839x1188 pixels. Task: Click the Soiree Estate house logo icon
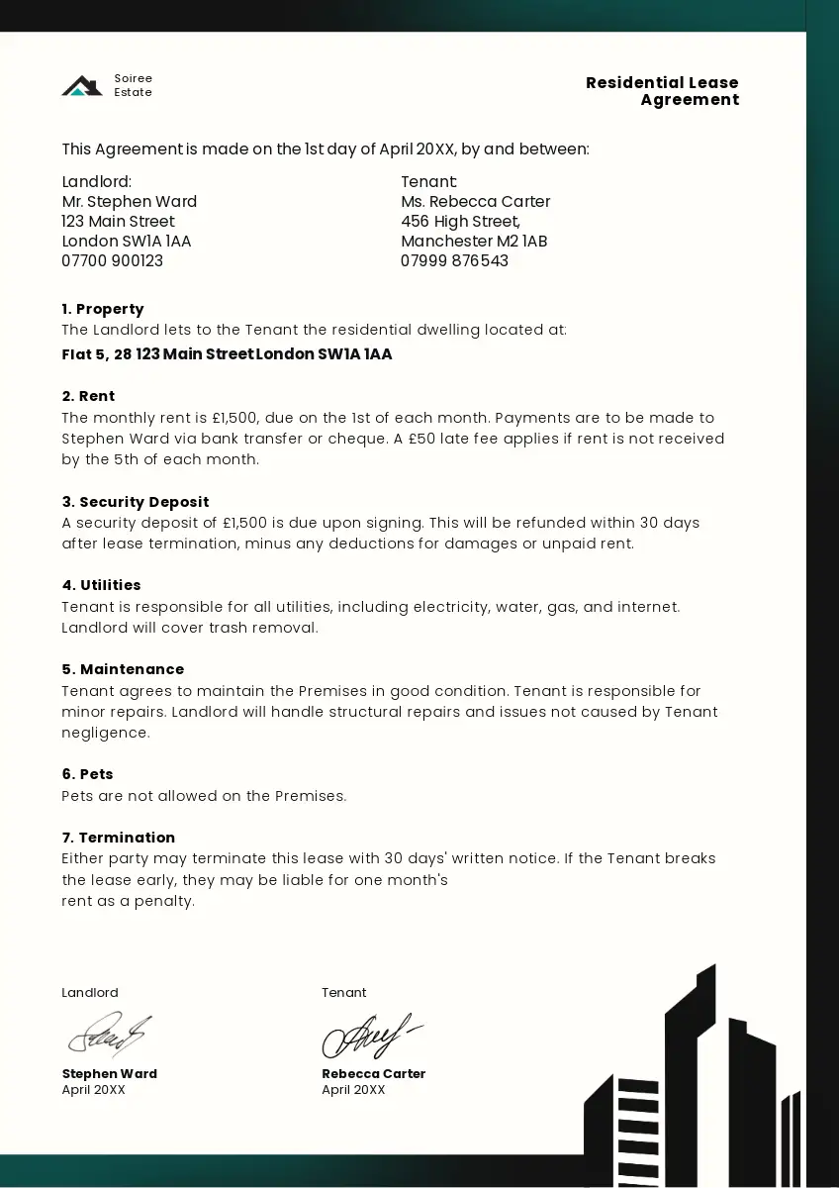coord(82,86)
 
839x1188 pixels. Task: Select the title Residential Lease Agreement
coord(662,91)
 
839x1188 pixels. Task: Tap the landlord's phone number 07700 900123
coord(113,261)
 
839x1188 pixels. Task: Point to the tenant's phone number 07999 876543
coord(454,261)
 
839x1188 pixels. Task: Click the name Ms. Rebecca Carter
coord(475,202)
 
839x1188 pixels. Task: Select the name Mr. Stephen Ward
coord(130,202)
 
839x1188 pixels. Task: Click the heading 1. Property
coord(103,309)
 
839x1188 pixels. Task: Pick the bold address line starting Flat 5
coord(227,354)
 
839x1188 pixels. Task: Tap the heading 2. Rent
coord(88,396)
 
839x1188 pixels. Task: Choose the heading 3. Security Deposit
coord(136,502)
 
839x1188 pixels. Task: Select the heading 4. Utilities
coord(101,585)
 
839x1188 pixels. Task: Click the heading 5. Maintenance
coord(123,669)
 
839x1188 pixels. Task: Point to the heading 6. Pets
coord(87,774)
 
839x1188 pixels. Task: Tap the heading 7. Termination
coord(119,838)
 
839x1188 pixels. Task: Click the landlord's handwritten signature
coord(109,1035)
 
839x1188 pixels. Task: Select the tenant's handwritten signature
coord(370,1036)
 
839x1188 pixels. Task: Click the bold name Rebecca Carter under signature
coord(373,1074)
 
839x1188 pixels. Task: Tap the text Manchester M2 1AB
coord(474,242)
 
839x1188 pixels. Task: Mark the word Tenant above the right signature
coord(343,993)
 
